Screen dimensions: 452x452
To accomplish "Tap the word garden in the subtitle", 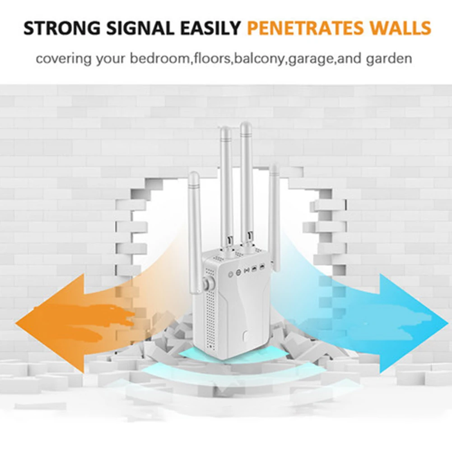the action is (x=389, y=59).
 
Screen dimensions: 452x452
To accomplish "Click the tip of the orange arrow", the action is (x=15, y=323).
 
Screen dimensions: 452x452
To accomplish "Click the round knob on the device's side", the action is (x=207, y=284).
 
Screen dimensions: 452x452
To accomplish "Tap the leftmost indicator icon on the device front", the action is (x=230, y=274).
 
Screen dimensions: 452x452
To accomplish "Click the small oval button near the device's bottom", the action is (x=246, y=336).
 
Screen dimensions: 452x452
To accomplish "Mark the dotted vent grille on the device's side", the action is (x=211, y=311).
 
